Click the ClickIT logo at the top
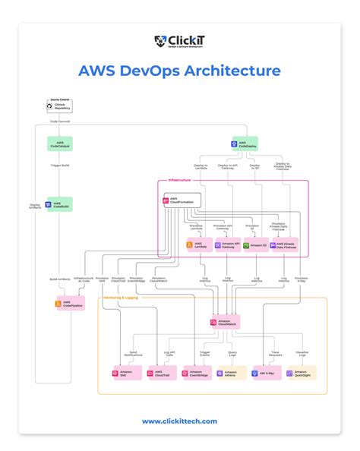(179, 42)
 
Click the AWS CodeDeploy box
(245, 143)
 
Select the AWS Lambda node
(199, 245)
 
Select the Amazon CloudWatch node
(225, 322)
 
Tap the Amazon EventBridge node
(196, 373)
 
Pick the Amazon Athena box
(231, 373)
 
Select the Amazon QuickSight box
(301, 373)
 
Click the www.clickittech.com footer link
(179, 421)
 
